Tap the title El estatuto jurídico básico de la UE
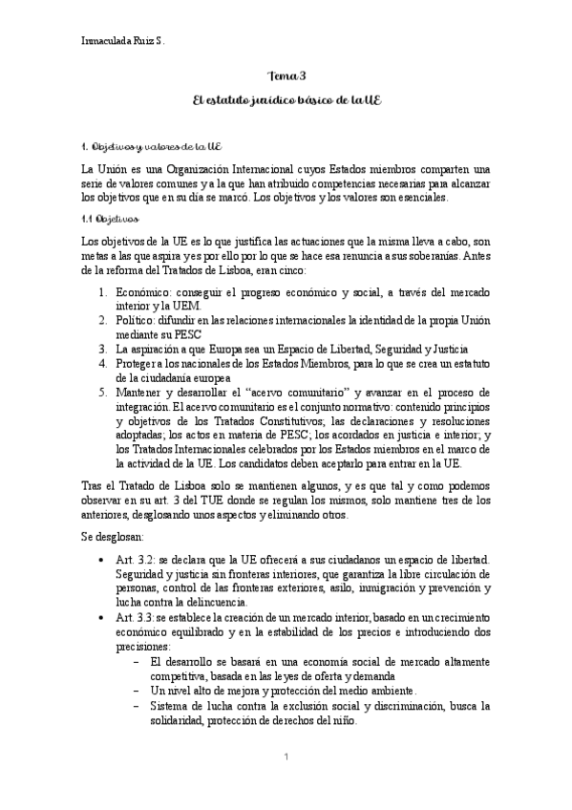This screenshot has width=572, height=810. [286, 101]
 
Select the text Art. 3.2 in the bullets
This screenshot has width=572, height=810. [133, 559]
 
